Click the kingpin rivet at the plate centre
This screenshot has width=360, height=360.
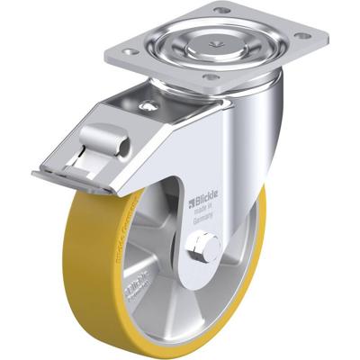click(x=214, y=41)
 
